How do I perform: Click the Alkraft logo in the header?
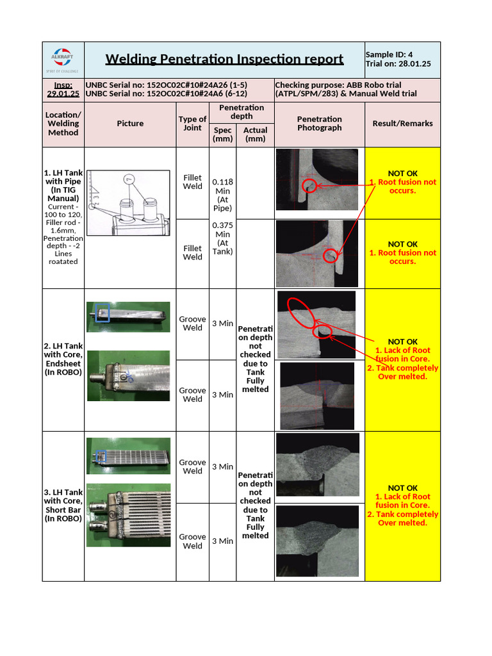[x=63, y=59]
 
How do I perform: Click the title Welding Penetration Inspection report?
[x=224, y=59]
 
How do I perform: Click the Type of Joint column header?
[x=192, y=123]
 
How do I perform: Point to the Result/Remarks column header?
[x=402, y=123]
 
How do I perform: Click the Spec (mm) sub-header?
[x=223, y=135]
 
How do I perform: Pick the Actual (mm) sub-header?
[x=255, y=135]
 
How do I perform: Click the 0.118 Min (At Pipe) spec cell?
[x=223, y=195]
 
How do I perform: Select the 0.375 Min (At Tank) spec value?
[x=223, y=238]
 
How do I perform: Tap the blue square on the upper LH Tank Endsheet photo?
[x=102, y=313]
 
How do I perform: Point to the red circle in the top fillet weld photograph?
[x=310, y=186]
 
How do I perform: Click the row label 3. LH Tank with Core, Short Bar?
[x=63, y=505]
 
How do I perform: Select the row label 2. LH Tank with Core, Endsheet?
[x=63, y=359]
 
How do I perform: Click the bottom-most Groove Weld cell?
[x=192, y=541]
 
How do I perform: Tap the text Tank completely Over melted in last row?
[x=402, y=518]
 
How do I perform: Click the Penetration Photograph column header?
[x=319, y=123]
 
